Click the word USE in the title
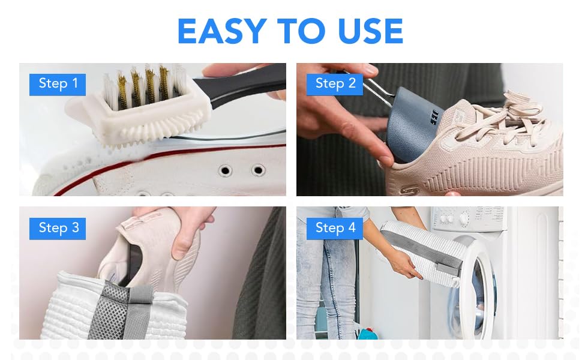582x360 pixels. pos(367,31)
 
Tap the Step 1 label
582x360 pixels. pos(58,84)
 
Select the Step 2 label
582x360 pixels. pos(335,84)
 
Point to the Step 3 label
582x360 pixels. pos(58,228)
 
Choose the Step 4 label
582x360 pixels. pos(335,228)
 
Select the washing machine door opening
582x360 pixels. pos(480,288)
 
